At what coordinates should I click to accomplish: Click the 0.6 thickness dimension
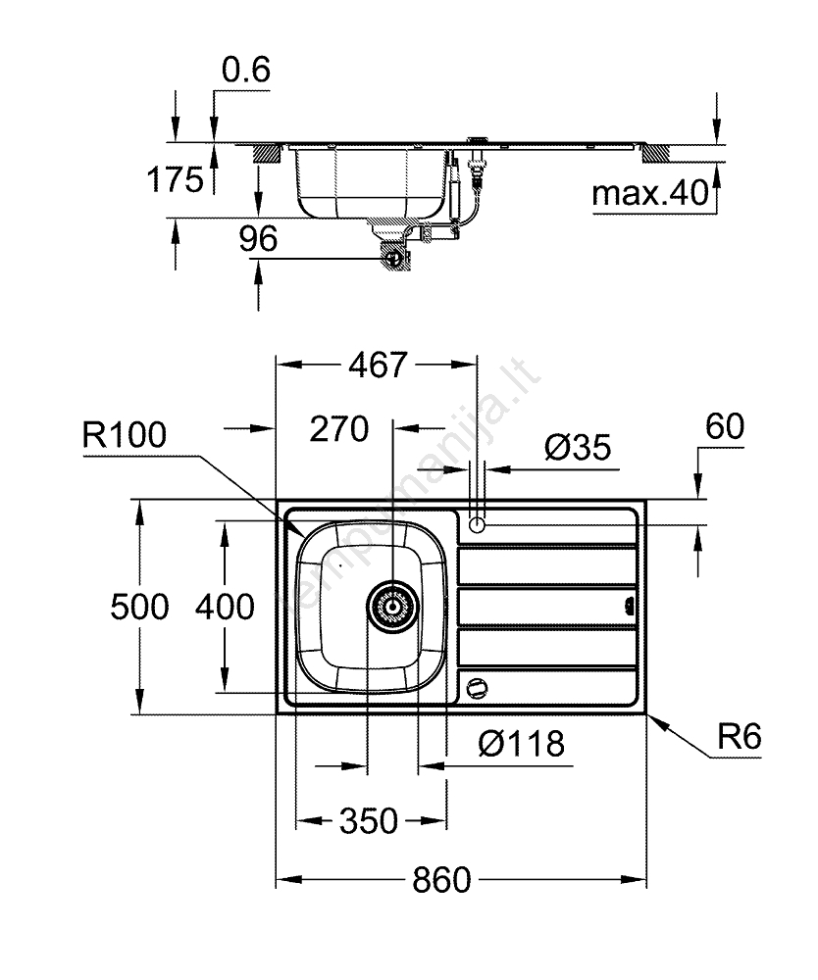point(245,71)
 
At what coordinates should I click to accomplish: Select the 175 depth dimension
point(175,179)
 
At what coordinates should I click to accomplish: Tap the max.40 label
point(649,194)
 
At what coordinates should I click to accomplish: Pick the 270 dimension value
point(338,428)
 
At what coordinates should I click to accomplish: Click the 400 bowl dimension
point(225,607)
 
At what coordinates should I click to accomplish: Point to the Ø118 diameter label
point(521,745)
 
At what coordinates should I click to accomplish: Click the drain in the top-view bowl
point(392,606)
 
